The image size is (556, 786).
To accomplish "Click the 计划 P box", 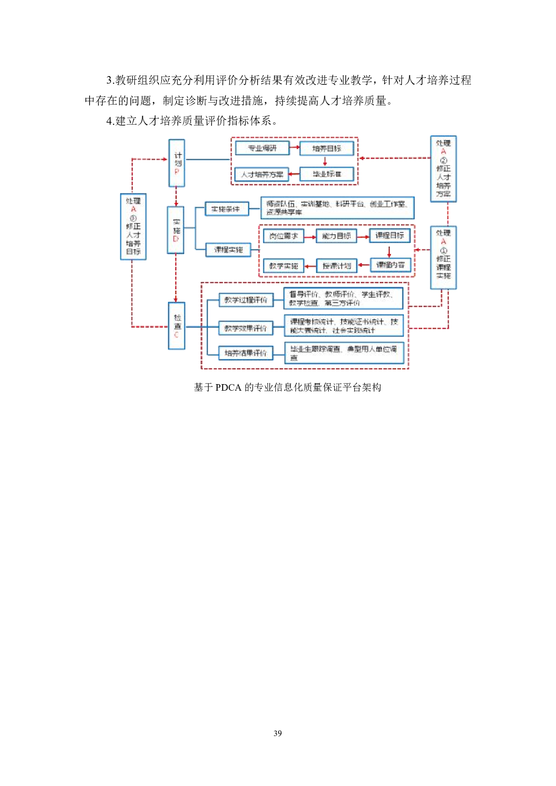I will [x=176, y=163].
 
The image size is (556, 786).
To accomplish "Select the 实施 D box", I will [x=176, y=230].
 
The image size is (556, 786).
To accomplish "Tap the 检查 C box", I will [x=176, y=326].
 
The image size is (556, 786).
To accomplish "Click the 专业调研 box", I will [x=262, y=148].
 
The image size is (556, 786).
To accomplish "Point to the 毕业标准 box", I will [x=326, y=174].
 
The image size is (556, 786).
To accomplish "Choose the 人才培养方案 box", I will [x=261, y=175].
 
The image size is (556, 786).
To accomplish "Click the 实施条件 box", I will [x=226, y=209].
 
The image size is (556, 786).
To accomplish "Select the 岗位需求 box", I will [x=283, y=236].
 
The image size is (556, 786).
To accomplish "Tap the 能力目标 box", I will [x=336, y=236].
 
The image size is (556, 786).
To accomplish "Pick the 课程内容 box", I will [x=390, y=265].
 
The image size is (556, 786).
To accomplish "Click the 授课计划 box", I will [x=337, y=266].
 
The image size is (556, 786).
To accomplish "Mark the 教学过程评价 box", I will [x=246, y=300].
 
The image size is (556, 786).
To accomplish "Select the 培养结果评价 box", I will [x=246, y=353].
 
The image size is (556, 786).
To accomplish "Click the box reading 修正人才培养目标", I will [x=133, y=227].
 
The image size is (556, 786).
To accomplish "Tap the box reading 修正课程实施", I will [x=443, y=258].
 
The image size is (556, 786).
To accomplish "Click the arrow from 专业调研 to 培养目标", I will [x=295, y=148].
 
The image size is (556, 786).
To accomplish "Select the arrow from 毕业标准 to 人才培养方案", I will [x=294, y=175].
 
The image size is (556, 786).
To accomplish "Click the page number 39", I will [x=278, y=733].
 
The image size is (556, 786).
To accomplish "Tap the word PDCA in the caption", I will [x=228, y=387].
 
